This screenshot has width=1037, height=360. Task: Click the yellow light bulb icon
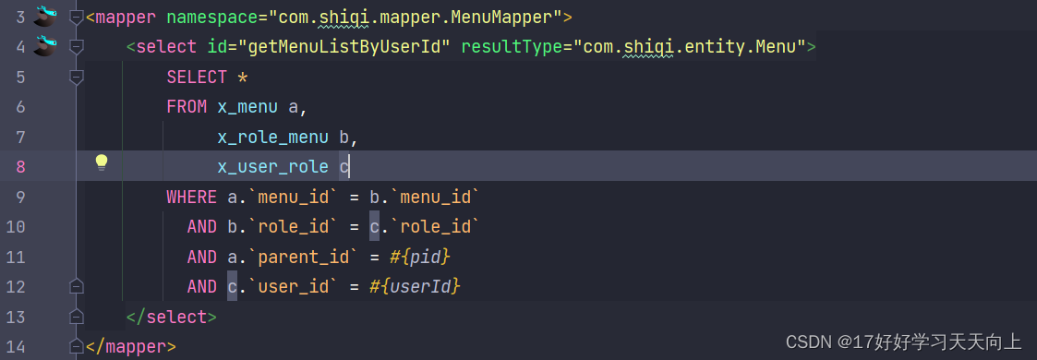[102, 163]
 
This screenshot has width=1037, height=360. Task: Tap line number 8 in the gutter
[20, 166]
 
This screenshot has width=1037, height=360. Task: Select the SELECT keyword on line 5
[197, 77]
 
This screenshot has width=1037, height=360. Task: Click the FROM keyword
[187, 106]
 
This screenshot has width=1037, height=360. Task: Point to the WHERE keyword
[191, 197]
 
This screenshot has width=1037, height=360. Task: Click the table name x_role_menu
[272, 137]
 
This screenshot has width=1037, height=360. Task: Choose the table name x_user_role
[272, 166]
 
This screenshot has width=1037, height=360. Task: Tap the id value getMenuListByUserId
[338, 46]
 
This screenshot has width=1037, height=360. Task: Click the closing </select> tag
[171, 317]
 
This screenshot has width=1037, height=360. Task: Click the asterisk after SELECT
[243, 77]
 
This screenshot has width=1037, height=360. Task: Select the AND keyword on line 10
[201, 227]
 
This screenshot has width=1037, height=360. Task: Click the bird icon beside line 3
[45, 16]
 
